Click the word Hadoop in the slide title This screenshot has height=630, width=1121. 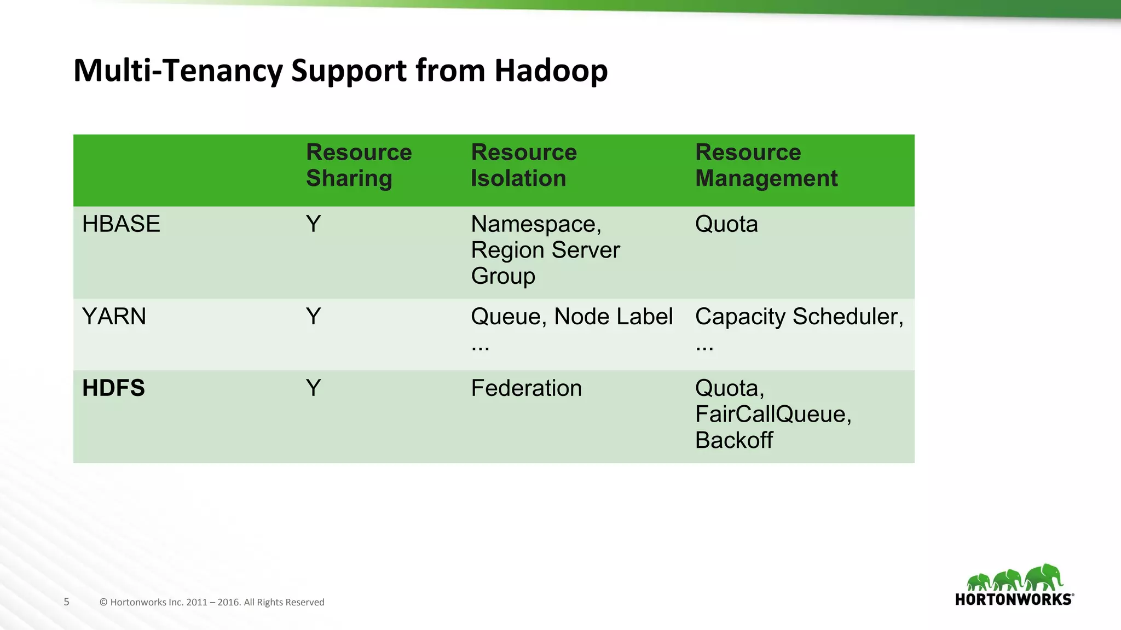pyautogui.click(x=551, y=71)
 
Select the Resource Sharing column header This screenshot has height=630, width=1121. pyautogui.click(x=359, y=165)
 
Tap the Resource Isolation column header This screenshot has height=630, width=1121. pyautogui.click(x=523, y=165)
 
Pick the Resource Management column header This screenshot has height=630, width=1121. pyautogui.click(x=766, y=165)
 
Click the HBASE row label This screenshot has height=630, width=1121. pyautogui.click(x=121, y=224)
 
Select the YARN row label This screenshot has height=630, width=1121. pyautogui.click(x=114, y=317)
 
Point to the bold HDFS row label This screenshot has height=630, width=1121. pyautogui.click(x=113, y=388)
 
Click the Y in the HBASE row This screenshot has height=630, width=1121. pyautogui.click(x=313, y=224)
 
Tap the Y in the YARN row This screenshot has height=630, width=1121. pyautogui.click(x=313, y=317)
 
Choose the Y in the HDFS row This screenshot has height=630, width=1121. pyautogui.click(x=313, y=388)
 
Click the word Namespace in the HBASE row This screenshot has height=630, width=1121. pyautogui.click(x=534, y=225)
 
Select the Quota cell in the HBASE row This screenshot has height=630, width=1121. pyautogui.click(x=726, y=224)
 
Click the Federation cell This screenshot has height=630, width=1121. pyautogui.click(x=526, y=388)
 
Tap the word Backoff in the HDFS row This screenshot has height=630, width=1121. pyautogui.click(x=733, y=440)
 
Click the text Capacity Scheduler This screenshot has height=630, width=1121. pyautogui.click(x=798, y=317)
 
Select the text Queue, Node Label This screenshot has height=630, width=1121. pyautogui.click(x=571, y=317)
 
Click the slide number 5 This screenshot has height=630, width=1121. pyautogui.click(x=67, y=602)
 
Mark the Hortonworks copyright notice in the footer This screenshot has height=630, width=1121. pyautogui.click(x=212, y=602)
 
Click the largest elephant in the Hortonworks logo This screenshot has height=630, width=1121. pyautogui.click(x=1044, y=577)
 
